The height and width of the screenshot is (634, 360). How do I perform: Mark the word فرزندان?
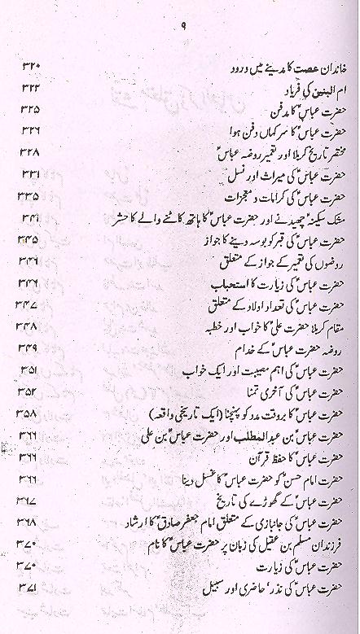coord(322,543)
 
